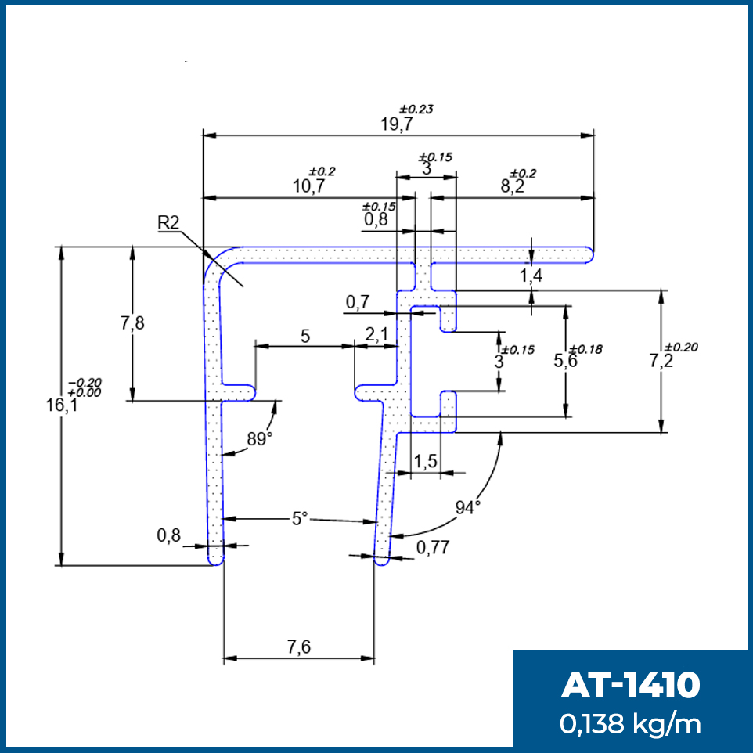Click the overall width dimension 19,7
coord(397,124)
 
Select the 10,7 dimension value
coord(308,186)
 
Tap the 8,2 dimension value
coord(513,186)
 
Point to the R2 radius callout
coord(168,222)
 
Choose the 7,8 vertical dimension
coord(132,323)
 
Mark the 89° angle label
coord(260,439)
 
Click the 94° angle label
coord(468,507)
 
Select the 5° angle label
coord(300,519)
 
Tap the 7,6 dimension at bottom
coord(299,647)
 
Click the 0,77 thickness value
coord(433,547)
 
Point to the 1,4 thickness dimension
coord(531,276)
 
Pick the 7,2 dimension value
coord(661,361)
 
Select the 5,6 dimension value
coord(565,361)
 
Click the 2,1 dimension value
coord(376,335)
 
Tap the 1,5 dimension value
coord(426,462)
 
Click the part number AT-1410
coord(631,685)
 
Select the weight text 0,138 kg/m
coord(630,724)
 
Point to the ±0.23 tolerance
coord(416,110)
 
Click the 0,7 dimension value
coord(358,302)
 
